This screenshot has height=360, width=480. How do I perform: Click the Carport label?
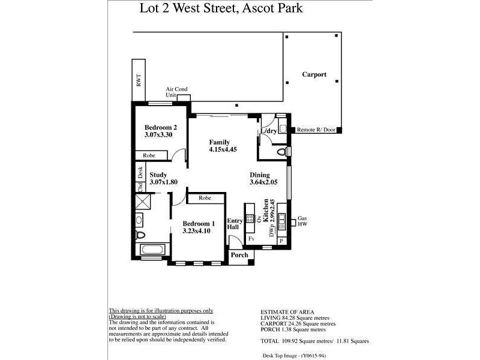tap(314, 75)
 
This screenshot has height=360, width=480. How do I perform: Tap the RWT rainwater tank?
tap(139, 82)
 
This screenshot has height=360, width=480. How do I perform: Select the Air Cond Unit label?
tap(176, 92)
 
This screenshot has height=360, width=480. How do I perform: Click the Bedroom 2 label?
tap(161, 127)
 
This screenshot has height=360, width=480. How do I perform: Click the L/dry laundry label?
tap(268, 131)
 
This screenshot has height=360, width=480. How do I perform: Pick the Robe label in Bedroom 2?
tap(149, 155)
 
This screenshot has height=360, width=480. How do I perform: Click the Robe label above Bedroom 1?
tap(205, 197)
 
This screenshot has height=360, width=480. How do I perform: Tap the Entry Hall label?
tap(234, 224)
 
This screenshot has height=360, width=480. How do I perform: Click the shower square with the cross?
tap(143, 202)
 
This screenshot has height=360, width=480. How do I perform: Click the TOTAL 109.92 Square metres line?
tap(314, 341)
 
